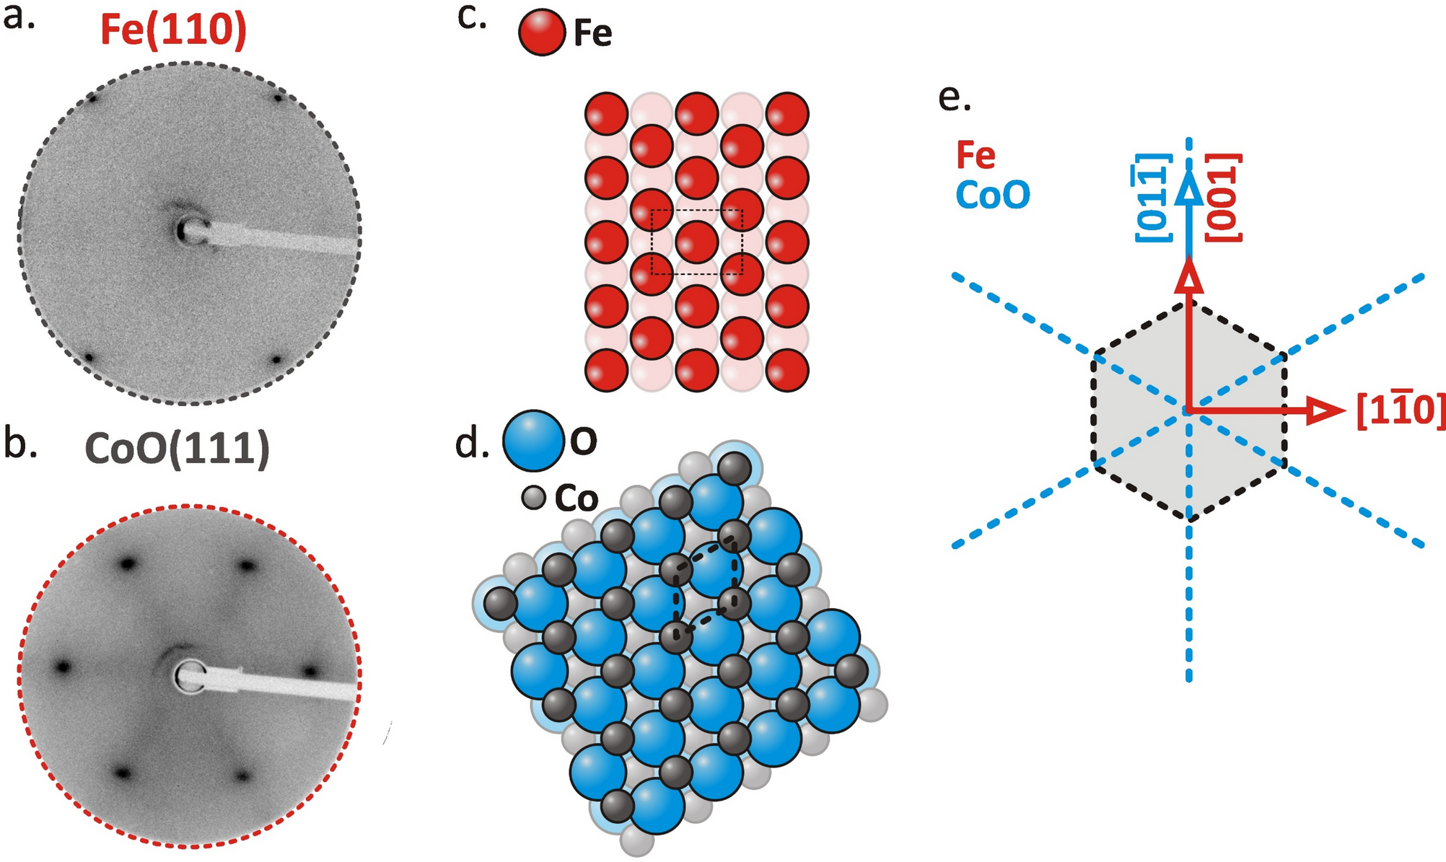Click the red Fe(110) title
tap(173, 30)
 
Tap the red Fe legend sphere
tap(541, 33)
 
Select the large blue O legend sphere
tap(533, 440)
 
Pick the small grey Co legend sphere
tap(533, 498)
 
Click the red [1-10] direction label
tap(1400, 411)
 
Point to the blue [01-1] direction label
tap(1152, 197)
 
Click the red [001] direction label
tap(1224, 197)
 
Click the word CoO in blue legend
tap(992, 195)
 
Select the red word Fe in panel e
tap(976, 155)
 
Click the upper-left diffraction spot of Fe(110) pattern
tap(92, 97)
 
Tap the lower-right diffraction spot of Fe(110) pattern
tap(275, 359)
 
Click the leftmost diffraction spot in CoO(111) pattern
tap(63, 667)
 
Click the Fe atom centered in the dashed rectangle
tap(696, 242)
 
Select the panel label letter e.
tap(954, 97)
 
